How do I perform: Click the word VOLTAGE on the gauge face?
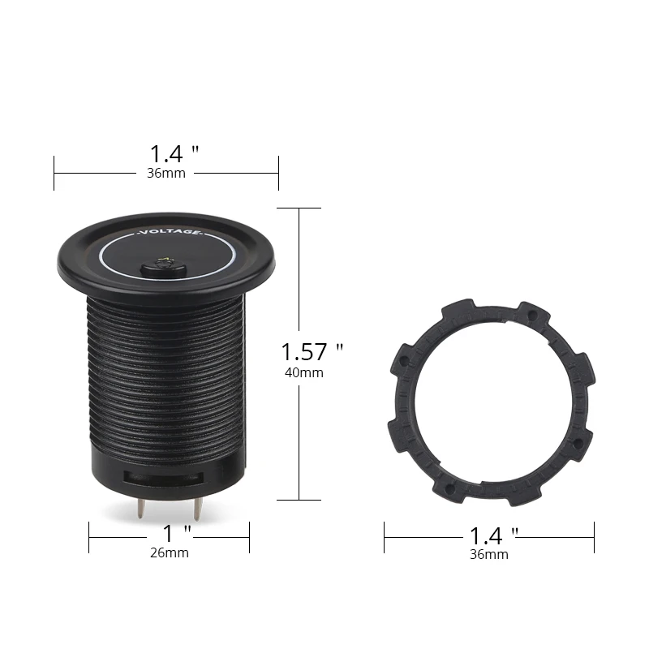click(x=170, y=232)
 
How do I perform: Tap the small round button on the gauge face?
click(x=162, y=268)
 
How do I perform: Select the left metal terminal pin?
click(x=141, y=508)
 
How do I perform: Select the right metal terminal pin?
click(x=197, y=509)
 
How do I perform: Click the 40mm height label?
click(x=303, y=372)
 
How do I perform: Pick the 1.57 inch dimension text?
click(x=312, y=352)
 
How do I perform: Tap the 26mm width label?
click(x=170, y=552)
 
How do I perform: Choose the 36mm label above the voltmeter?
click(x=166, y=173)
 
